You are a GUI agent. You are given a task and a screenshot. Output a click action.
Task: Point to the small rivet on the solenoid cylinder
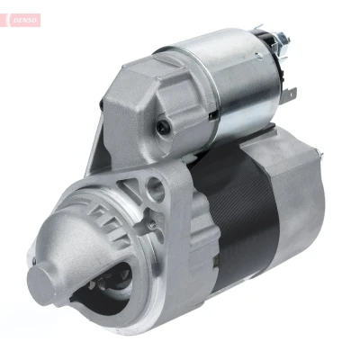click(258, 56)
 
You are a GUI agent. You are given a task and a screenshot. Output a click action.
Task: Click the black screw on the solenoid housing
click(163, 127)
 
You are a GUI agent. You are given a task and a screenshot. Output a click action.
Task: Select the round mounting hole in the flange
click(156, 190)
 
